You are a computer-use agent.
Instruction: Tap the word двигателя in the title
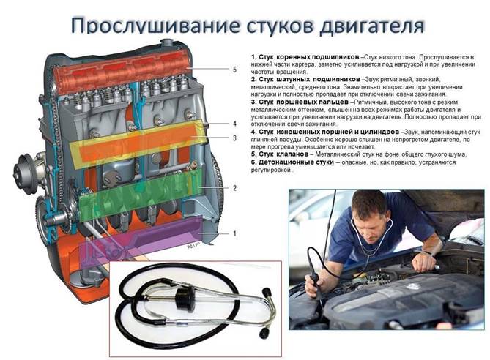372,25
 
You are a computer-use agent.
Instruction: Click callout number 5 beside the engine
234,70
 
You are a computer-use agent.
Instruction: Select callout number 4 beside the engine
234,124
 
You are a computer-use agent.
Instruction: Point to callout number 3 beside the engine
234,138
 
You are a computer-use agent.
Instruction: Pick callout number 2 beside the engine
234,188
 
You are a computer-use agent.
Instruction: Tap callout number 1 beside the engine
234,233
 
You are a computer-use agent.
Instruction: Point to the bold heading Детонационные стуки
292,162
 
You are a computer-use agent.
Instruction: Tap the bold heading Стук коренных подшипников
305,57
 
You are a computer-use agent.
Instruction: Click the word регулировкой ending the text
271,170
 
